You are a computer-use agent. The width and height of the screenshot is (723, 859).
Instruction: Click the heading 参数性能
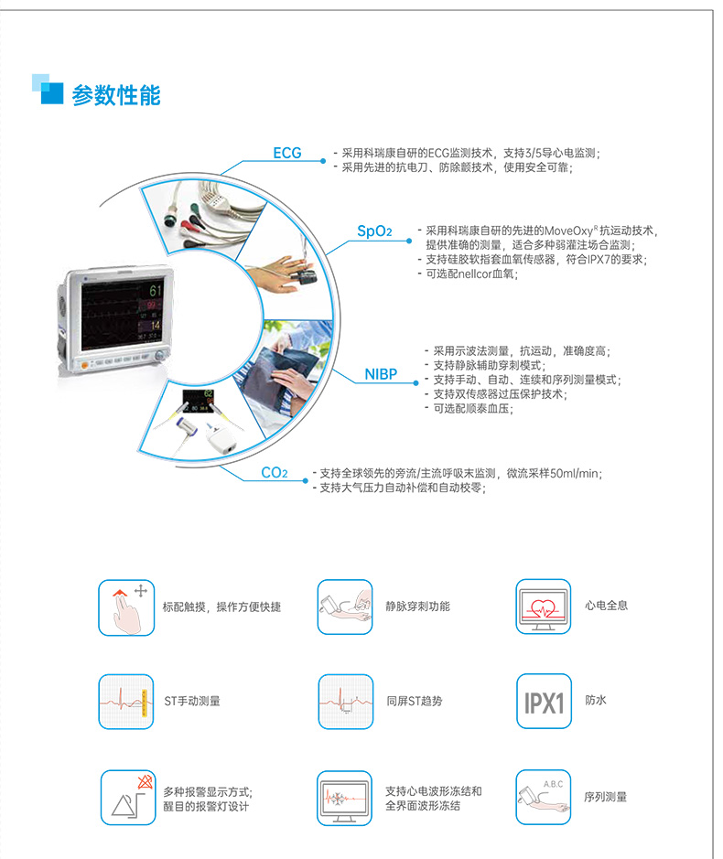click(x=116, y=93)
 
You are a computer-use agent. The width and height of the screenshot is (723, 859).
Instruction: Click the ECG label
click(x=286, y=153)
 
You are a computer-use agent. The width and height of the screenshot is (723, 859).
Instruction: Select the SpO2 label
click(x=373, y=232)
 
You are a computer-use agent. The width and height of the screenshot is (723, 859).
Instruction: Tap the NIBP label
click(x=381, y=374)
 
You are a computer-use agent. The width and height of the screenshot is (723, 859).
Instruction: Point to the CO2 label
click(x=274, y=473)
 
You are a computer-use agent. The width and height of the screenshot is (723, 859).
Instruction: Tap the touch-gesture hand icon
click(x=126, y=607)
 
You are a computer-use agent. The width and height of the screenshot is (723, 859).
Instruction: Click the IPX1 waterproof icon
click(x=543, y=702)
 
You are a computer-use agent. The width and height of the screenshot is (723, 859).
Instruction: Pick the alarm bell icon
click(x=126, y=798)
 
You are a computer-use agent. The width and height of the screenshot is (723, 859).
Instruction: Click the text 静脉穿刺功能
click(x=418, y=607)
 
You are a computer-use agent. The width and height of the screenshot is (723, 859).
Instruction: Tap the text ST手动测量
click(x=192, y=702)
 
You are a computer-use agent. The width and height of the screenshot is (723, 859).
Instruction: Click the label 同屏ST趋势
click(x=414, y=702)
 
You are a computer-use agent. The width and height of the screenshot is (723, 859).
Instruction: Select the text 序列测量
click(x=606, y=797)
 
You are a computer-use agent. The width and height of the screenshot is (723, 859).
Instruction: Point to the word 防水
click(x=596, y=701)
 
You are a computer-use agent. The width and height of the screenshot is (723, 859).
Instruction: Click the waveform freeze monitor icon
click(x=345, y=798)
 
